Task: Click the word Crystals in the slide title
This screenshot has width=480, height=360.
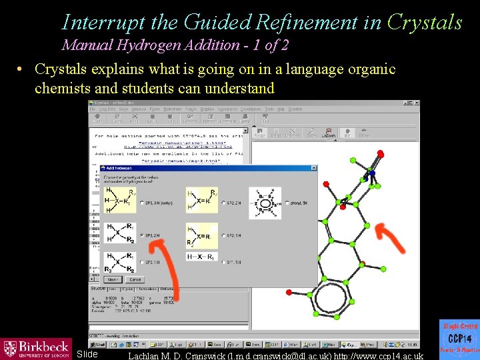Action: click(x=425, y=23)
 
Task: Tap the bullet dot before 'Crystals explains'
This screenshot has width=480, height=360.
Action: click(x=21, y=70)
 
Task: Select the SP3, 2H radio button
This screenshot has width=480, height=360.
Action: click(x=142, y=235)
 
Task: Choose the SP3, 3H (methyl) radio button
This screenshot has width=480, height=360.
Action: click(x=142, y=203)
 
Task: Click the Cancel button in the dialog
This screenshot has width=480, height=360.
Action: click(x=135, y=279)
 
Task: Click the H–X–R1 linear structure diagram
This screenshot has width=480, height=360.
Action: click(x=202, y=257)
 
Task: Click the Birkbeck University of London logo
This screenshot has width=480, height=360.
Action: click(x=36, y=349)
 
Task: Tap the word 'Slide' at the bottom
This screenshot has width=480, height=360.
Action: click(x=87, y=354)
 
